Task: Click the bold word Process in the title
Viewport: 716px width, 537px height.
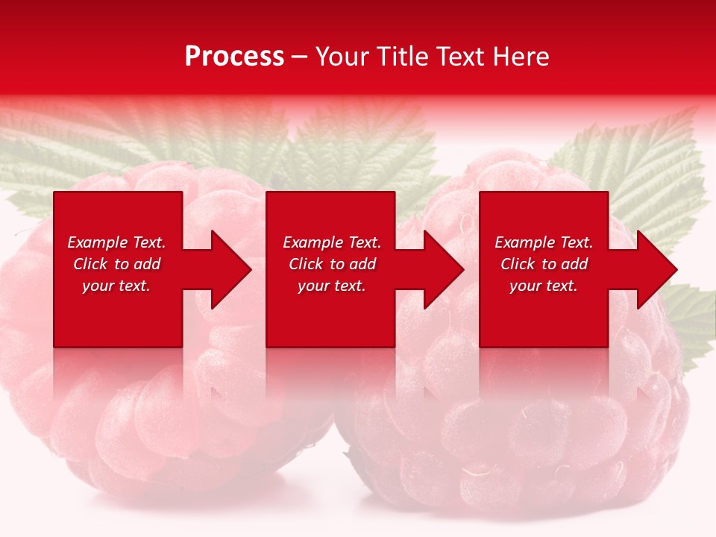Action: (234, 57)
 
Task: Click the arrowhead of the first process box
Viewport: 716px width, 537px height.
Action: (230, 269)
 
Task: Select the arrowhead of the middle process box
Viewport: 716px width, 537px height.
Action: (443, 269)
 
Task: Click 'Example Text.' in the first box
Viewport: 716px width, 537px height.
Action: (116, 242)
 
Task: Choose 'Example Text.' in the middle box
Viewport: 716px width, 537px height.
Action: (332, 242)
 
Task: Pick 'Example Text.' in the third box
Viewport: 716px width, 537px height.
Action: (544, 242)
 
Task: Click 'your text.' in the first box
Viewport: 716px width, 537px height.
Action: (116, 286)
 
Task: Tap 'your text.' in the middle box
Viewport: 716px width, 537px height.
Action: (332, 286)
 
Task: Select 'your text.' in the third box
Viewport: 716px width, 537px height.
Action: (544, 286)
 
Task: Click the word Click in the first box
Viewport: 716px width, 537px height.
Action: (90, 264)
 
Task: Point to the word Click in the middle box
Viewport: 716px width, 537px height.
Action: (306, 264)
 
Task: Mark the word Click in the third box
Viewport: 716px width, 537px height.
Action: (518, 264)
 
